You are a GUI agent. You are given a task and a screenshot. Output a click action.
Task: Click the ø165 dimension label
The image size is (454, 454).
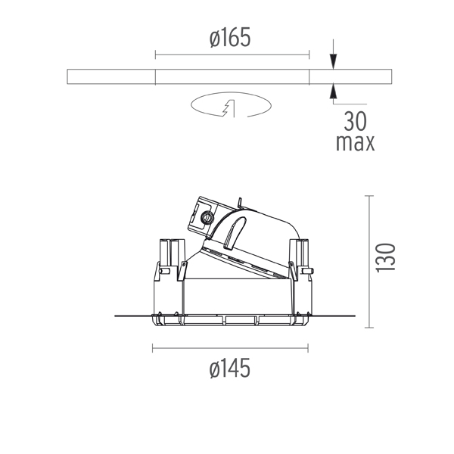point(230,38)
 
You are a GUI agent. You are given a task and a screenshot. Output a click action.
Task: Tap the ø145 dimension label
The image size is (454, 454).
point(229,368)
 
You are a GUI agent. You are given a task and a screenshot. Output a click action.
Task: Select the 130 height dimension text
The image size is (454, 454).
point(385,258)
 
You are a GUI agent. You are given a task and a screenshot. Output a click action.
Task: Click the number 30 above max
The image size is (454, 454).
point(356,122)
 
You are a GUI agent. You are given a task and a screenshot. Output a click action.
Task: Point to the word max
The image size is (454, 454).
point(356,142)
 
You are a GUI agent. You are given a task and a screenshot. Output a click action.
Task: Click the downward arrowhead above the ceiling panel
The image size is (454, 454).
point(334,61)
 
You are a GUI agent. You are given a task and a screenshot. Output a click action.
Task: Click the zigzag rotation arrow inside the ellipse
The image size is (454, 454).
point(229,108)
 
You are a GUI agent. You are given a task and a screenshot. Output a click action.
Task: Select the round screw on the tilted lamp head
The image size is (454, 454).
point(207,217)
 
